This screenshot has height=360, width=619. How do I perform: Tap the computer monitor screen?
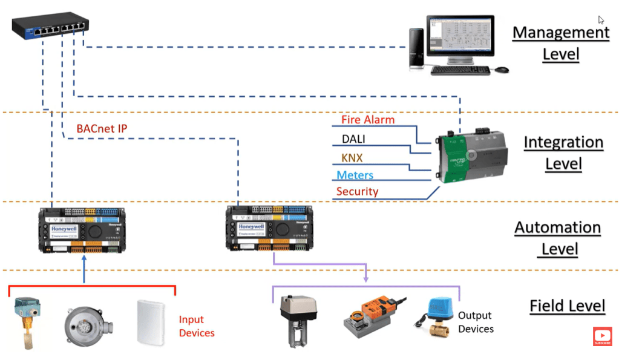tap(460, 38)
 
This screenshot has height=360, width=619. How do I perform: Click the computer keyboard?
tap(460, 70)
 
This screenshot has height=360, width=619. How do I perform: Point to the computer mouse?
tap(502, 70)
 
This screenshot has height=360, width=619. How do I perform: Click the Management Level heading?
tap(561, 43)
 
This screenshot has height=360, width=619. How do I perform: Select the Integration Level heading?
tap(563, 153)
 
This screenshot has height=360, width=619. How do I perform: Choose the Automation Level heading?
tap(557, 238)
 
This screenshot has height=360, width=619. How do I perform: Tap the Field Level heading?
tap(567, 306)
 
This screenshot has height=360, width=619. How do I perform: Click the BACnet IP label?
tap(102, 129)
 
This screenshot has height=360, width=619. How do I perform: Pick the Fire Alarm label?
tap(368, 120)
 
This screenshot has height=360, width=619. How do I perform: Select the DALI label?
tap(353, 139)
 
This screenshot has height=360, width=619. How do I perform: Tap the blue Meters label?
tap(355, 175)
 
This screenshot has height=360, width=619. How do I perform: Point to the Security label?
tap(357, 192)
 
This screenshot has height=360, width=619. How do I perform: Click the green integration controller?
tap(466, 154)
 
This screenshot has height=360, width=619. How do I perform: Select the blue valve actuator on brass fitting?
tap(437, 317)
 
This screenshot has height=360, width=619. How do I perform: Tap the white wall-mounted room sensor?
tap(151, 321)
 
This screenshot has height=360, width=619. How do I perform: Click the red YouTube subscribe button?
tap(601, 336)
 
